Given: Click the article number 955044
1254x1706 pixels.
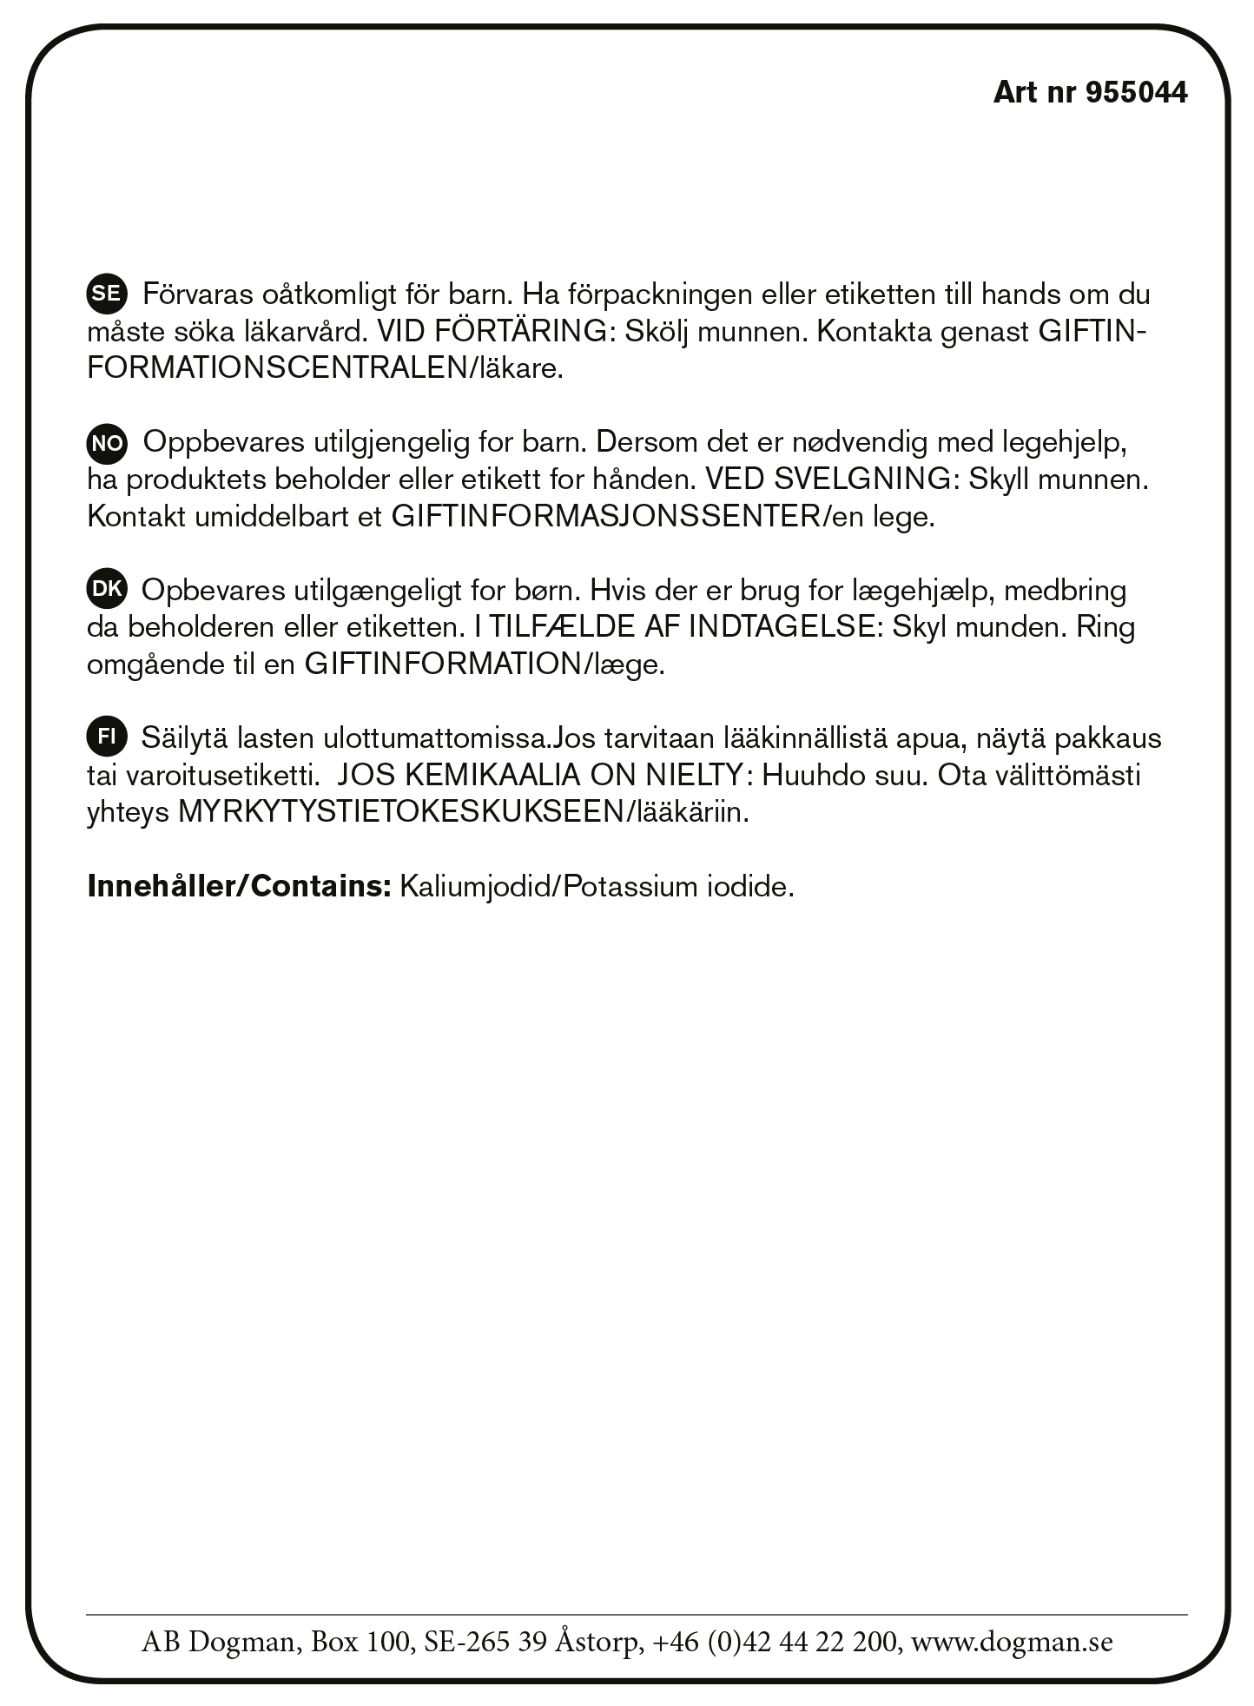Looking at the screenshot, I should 1137,92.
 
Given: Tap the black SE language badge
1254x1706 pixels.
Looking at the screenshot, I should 106,294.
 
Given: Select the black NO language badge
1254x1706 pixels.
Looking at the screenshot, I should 106,443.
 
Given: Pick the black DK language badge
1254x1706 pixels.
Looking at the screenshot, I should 106,589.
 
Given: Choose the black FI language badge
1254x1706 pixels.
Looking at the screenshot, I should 106,737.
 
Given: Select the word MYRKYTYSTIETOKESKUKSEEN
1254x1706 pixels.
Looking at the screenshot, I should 400,812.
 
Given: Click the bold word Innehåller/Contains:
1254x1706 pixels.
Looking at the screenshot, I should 240,887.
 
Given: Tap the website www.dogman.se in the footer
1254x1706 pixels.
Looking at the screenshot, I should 1012,1642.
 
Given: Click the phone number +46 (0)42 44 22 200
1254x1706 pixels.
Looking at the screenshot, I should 775,1642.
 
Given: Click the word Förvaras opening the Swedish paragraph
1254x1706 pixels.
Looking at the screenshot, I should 197,294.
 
